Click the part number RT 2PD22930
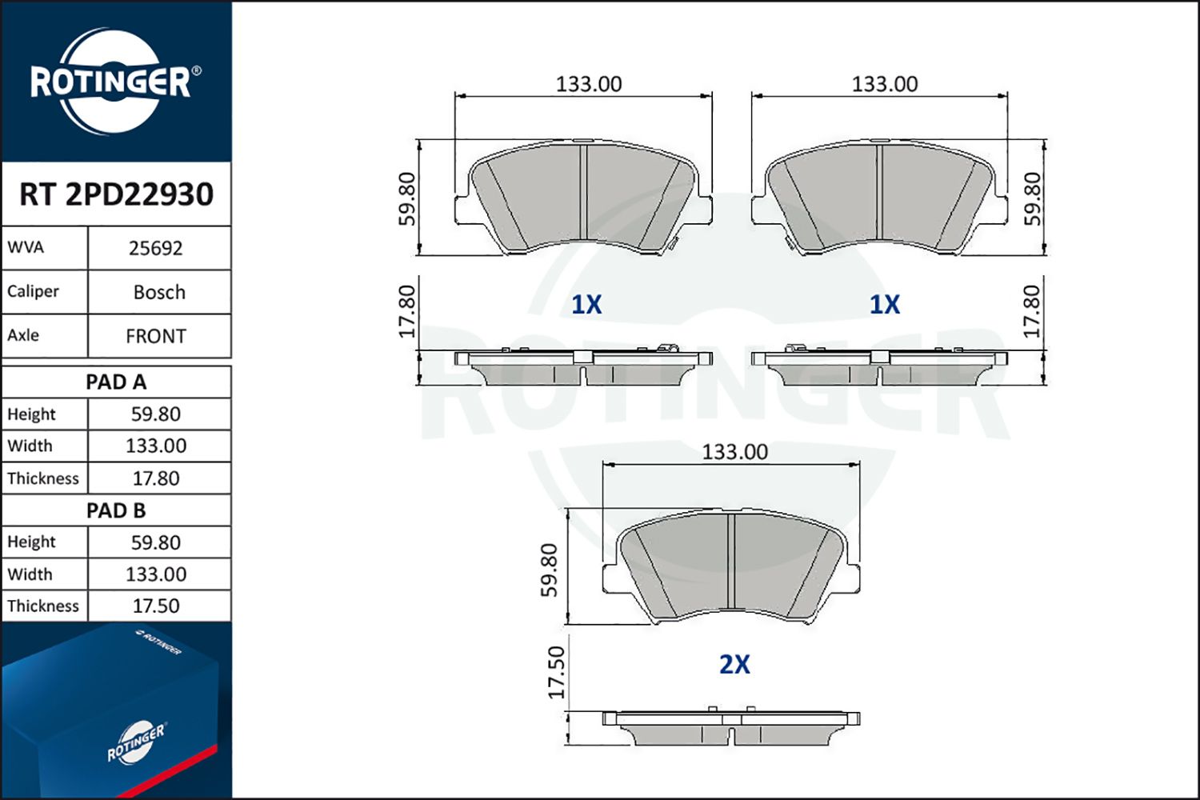(116, 194)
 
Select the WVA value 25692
(156, 248)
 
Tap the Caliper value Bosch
(159, 292)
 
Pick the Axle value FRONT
(156, 336)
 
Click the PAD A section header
(116, 382)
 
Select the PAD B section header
(116, 510)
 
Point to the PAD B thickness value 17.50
(156, 606)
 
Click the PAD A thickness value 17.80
(156, 478)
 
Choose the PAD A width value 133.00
(156, 446)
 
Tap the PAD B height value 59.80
(156, 542)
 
